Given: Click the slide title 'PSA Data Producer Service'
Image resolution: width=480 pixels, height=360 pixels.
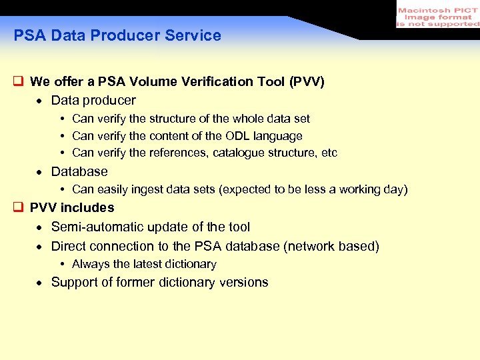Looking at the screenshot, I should [117, 36].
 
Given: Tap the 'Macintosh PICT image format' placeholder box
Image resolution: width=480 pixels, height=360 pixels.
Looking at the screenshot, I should [437, 15].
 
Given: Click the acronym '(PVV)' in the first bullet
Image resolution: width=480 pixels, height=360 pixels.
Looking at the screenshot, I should [307, 82].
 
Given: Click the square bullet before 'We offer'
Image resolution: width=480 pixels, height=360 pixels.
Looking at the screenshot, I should [19, 82].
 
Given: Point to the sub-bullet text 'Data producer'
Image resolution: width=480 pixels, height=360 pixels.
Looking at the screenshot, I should [93, 101].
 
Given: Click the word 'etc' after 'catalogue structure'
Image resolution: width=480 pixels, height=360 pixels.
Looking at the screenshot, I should [329, 153].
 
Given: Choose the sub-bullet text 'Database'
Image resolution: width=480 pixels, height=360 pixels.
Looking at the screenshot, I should [79, 172].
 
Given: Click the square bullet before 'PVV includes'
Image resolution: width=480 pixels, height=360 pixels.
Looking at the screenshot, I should [19, 208].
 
